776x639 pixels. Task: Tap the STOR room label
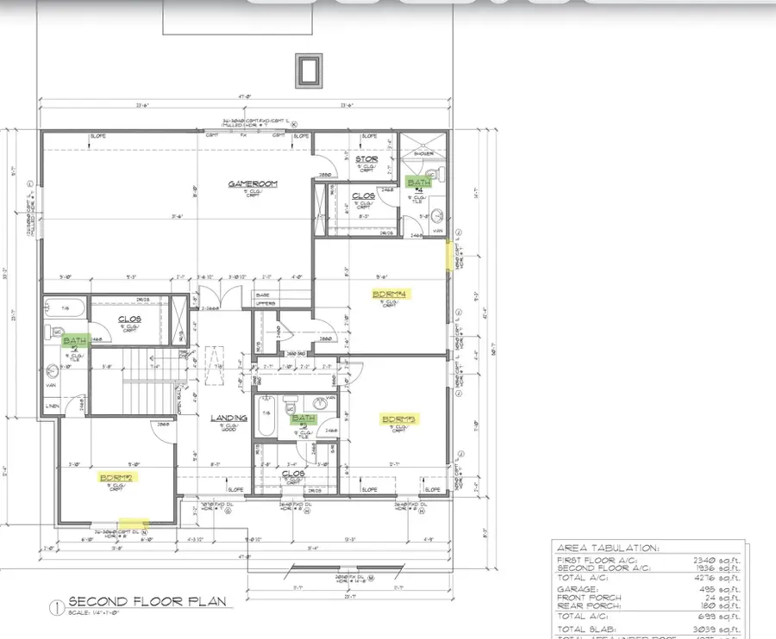(366, 158)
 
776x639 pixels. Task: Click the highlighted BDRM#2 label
(114, 476)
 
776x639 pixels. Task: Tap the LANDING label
(228, 419)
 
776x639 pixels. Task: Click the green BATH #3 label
(303, 419)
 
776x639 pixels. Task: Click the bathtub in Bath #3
(266, 418)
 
